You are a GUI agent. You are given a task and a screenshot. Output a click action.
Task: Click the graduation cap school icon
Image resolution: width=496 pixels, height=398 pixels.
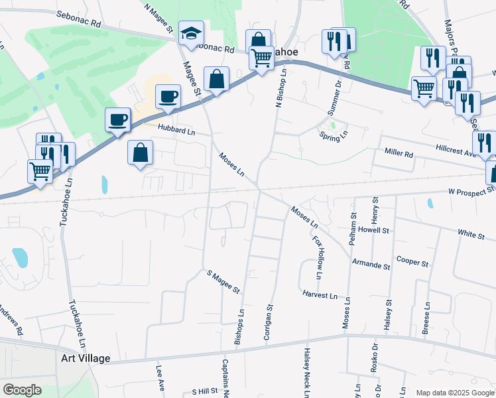click(x=191, y=34)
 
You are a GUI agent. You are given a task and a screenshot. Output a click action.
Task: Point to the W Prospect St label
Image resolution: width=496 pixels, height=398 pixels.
click(x=471, y=191)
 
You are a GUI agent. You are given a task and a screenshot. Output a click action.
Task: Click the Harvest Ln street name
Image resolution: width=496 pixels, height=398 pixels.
click(x=320, y=294)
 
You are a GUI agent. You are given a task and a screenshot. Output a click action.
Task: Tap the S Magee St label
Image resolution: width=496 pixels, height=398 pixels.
click(x=223, y=282)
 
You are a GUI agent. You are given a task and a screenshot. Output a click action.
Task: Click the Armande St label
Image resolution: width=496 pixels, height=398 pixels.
click(x=371, y=265)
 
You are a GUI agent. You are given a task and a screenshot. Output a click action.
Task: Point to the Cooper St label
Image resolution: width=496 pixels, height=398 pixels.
click(x=412, y=262)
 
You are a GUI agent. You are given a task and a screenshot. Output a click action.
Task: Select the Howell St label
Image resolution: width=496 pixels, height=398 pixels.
click(x=374, y=230)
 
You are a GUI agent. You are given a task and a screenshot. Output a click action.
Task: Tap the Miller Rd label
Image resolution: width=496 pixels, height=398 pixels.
click(x=399, y=153)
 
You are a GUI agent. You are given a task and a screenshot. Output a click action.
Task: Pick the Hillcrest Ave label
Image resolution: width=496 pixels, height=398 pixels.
click(x=457, y=151)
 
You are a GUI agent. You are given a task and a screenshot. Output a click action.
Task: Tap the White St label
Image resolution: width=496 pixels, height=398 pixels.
click(x=471, y=233)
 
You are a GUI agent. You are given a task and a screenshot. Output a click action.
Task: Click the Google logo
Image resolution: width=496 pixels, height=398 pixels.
click(x=22, y=390)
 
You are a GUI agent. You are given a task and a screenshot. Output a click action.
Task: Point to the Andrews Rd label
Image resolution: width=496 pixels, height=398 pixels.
click(x=11, y=320)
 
